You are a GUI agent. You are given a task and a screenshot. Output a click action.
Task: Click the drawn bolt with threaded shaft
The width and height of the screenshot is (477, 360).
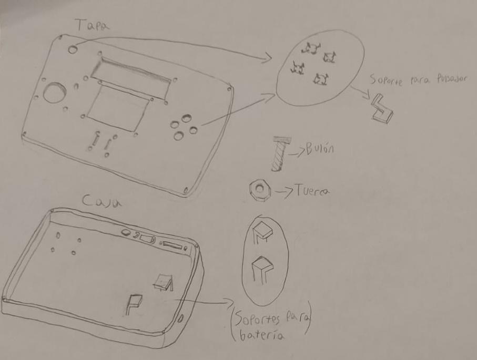(x=279, y=152)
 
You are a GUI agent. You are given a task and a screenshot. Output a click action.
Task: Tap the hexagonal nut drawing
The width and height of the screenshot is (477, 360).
(x=260, y=190)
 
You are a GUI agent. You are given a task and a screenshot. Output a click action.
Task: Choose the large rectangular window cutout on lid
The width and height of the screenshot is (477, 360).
(x=117, y=108)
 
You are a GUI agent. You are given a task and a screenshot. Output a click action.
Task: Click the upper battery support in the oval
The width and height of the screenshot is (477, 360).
(x=261, y=232)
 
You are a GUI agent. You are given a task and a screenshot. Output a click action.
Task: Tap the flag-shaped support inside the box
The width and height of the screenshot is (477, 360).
(x=133, y=303)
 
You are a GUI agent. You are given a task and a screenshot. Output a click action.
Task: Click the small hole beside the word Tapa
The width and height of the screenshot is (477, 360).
(x=73, y=48)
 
